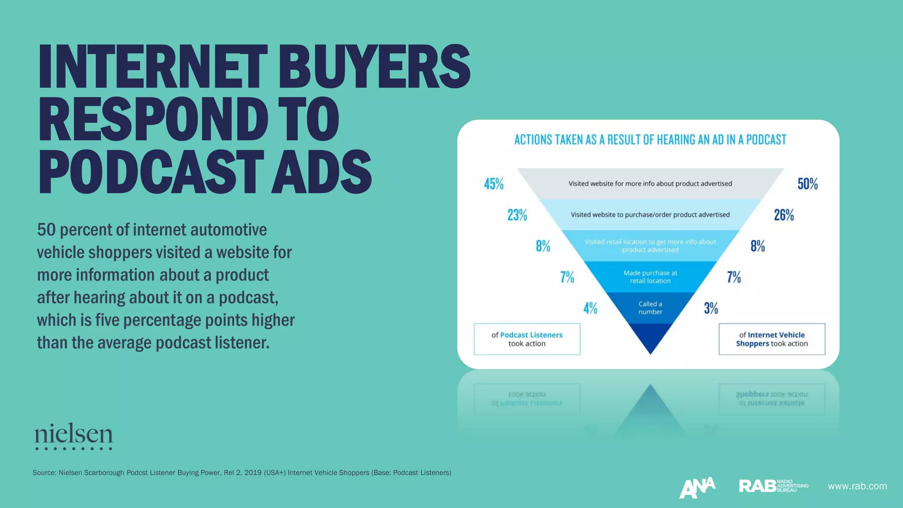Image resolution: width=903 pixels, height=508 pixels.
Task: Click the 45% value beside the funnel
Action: point(493,184)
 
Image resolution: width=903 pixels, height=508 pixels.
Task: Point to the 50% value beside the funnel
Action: point(807,184)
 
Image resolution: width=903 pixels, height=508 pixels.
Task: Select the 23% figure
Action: point(517,215)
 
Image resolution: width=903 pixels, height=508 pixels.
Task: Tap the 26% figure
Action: point(784,215)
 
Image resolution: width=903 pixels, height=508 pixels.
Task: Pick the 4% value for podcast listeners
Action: point(590,308)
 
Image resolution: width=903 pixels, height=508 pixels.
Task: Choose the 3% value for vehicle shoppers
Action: point(711,308)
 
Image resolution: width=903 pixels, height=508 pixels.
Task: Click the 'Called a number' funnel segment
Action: point(650,308)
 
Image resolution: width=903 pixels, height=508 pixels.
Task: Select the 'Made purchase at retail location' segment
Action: point(650,277)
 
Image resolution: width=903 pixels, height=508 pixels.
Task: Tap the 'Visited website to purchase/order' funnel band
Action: point(650,215)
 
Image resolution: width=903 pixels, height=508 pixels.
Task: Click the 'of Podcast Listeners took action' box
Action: point(527,339)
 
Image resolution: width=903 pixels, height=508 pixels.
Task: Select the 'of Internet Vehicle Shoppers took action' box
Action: point(772,339)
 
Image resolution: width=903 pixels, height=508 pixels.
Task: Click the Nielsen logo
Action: point(74,436)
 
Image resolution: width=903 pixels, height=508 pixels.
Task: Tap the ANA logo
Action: point(697,487)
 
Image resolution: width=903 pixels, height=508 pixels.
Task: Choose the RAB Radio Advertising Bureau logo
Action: point(773,486)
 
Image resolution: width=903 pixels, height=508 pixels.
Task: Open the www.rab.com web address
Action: point(857,486)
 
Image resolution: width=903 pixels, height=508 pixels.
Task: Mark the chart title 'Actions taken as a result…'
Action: point(650,140)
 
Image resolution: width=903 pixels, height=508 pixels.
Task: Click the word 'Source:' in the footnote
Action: point(44,473)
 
